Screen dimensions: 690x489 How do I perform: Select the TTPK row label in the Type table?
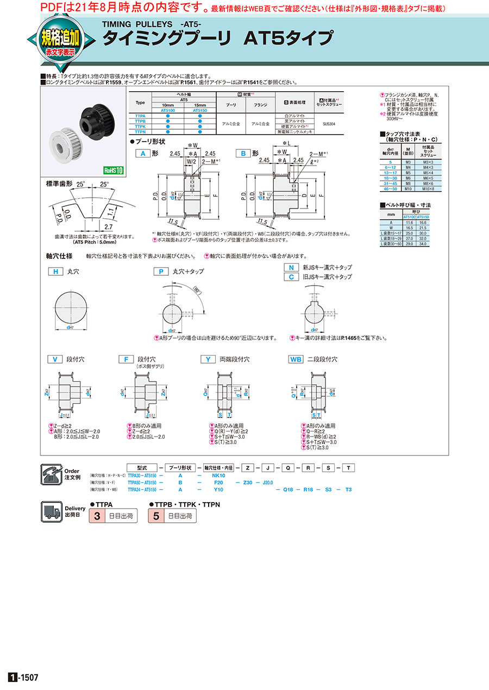click(x=140, y=126)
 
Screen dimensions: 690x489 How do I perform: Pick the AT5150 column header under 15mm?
click(x=200, y=110)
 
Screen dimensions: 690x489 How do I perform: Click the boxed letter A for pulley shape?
click(x=143, y=154)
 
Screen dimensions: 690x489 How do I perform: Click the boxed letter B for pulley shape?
click(x=244, y=154)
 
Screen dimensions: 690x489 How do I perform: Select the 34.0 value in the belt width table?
click(x=422, y=244)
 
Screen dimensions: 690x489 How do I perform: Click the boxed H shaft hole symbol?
click(x=55, y=271)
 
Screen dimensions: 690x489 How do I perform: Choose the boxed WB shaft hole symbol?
click(x=296, y=359)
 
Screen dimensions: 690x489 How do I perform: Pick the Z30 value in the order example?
click(x=248, y=482)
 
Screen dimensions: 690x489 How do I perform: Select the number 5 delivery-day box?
click(x=156, y=516)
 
